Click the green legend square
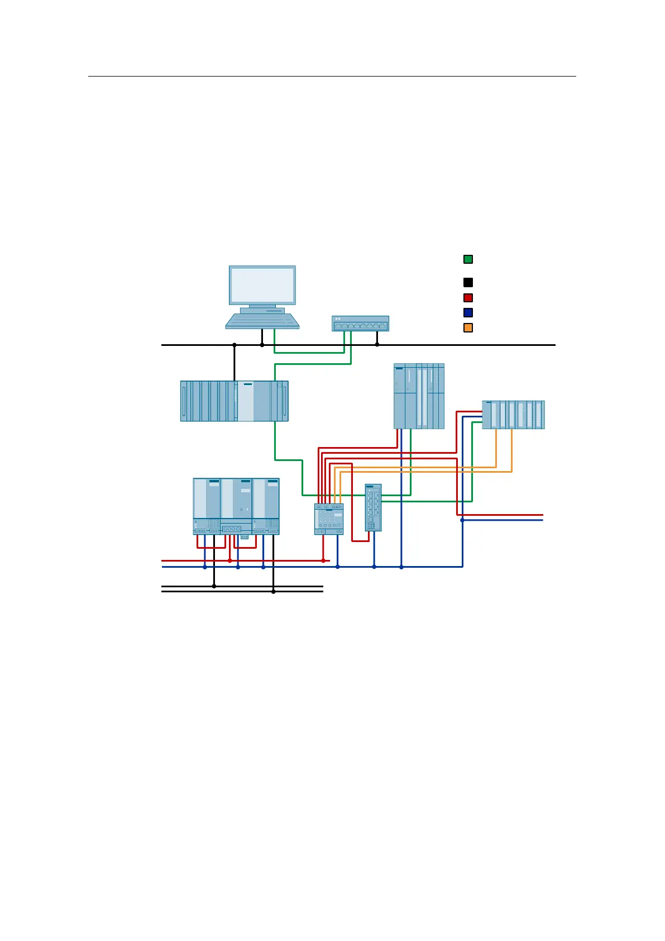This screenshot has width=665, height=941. pos(468,259)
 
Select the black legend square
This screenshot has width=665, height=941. pos(468,283)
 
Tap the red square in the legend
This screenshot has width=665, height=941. pos(468,298)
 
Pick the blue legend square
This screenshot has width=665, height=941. pos(468,313)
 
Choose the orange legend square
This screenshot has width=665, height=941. pos(468,328)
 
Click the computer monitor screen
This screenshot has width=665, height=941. pos(262,285)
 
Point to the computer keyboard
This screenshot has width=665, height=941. pos(262,321)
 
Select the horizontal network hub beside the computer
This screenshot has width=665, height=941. pos(360,324)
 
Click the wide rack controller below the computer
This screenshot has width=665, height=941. pos(235,401)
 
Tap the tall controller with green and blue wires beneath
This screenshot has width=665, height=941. pos(419,396)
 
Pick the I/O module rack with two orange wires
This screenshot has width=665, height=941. pos(513,415)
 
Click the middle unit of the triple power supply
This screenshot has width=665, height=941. pos(237,506)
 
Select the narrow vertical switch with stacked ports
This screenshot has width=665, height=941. pos(373,507)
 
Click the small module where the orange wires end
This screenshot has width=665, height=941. pos(329,519)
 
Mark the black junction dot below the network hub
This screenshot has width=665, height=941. pos(377,345)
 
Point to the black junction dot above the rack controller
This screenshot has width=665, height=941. pos(235,345)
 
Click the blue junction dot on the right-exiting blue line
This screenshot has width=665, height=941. pos(462,520)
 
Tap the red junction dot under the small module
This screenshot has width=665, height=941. pos(323,560)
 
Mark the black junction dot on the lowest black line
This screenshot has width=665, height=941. pos(274,592)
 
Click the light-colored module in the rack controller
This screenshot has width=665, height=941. pos(246,401)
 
